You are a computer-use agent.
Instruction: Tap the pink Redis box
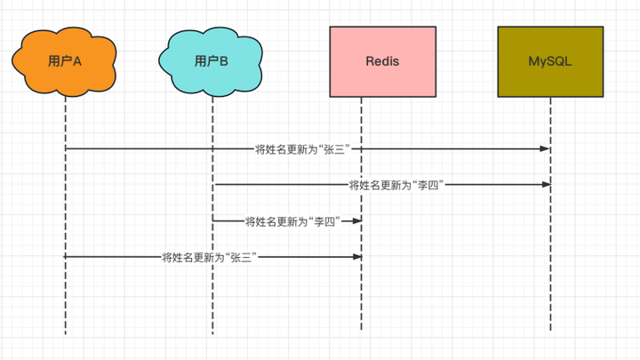(382, 60)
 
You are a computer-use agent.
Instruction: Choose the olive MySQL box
(550, 60)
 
